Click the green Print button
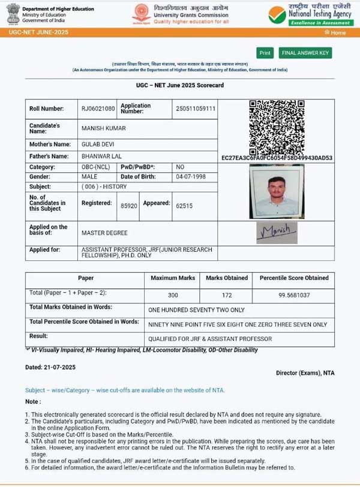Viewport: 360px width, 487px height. tap(265, 53)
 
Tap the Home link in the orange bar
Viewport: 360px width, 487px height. tap(338, 32)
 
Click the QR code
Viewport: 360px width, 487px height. tap(277, 127)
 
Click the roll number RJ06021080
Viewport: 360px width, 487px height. tap(98, 109)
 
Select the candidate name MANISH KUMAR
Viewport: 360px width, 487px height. tap(103, 128)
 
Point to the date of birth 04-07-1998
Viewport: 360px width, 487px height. tap(190, 177)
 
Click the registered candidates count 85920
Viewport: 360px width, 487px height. tap(129, 205)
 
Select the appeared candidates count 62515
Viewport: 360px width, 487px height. tap(184, 205)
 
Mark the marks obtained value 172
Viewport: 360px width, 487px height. tap(227, 296)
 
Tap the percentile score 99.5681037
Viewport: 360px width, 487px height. tap(294, 296)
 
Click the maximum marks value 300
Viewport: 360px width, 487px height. tap(173, 296)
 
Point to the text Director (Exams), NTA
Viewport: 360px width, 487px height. tap(305, 373)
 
